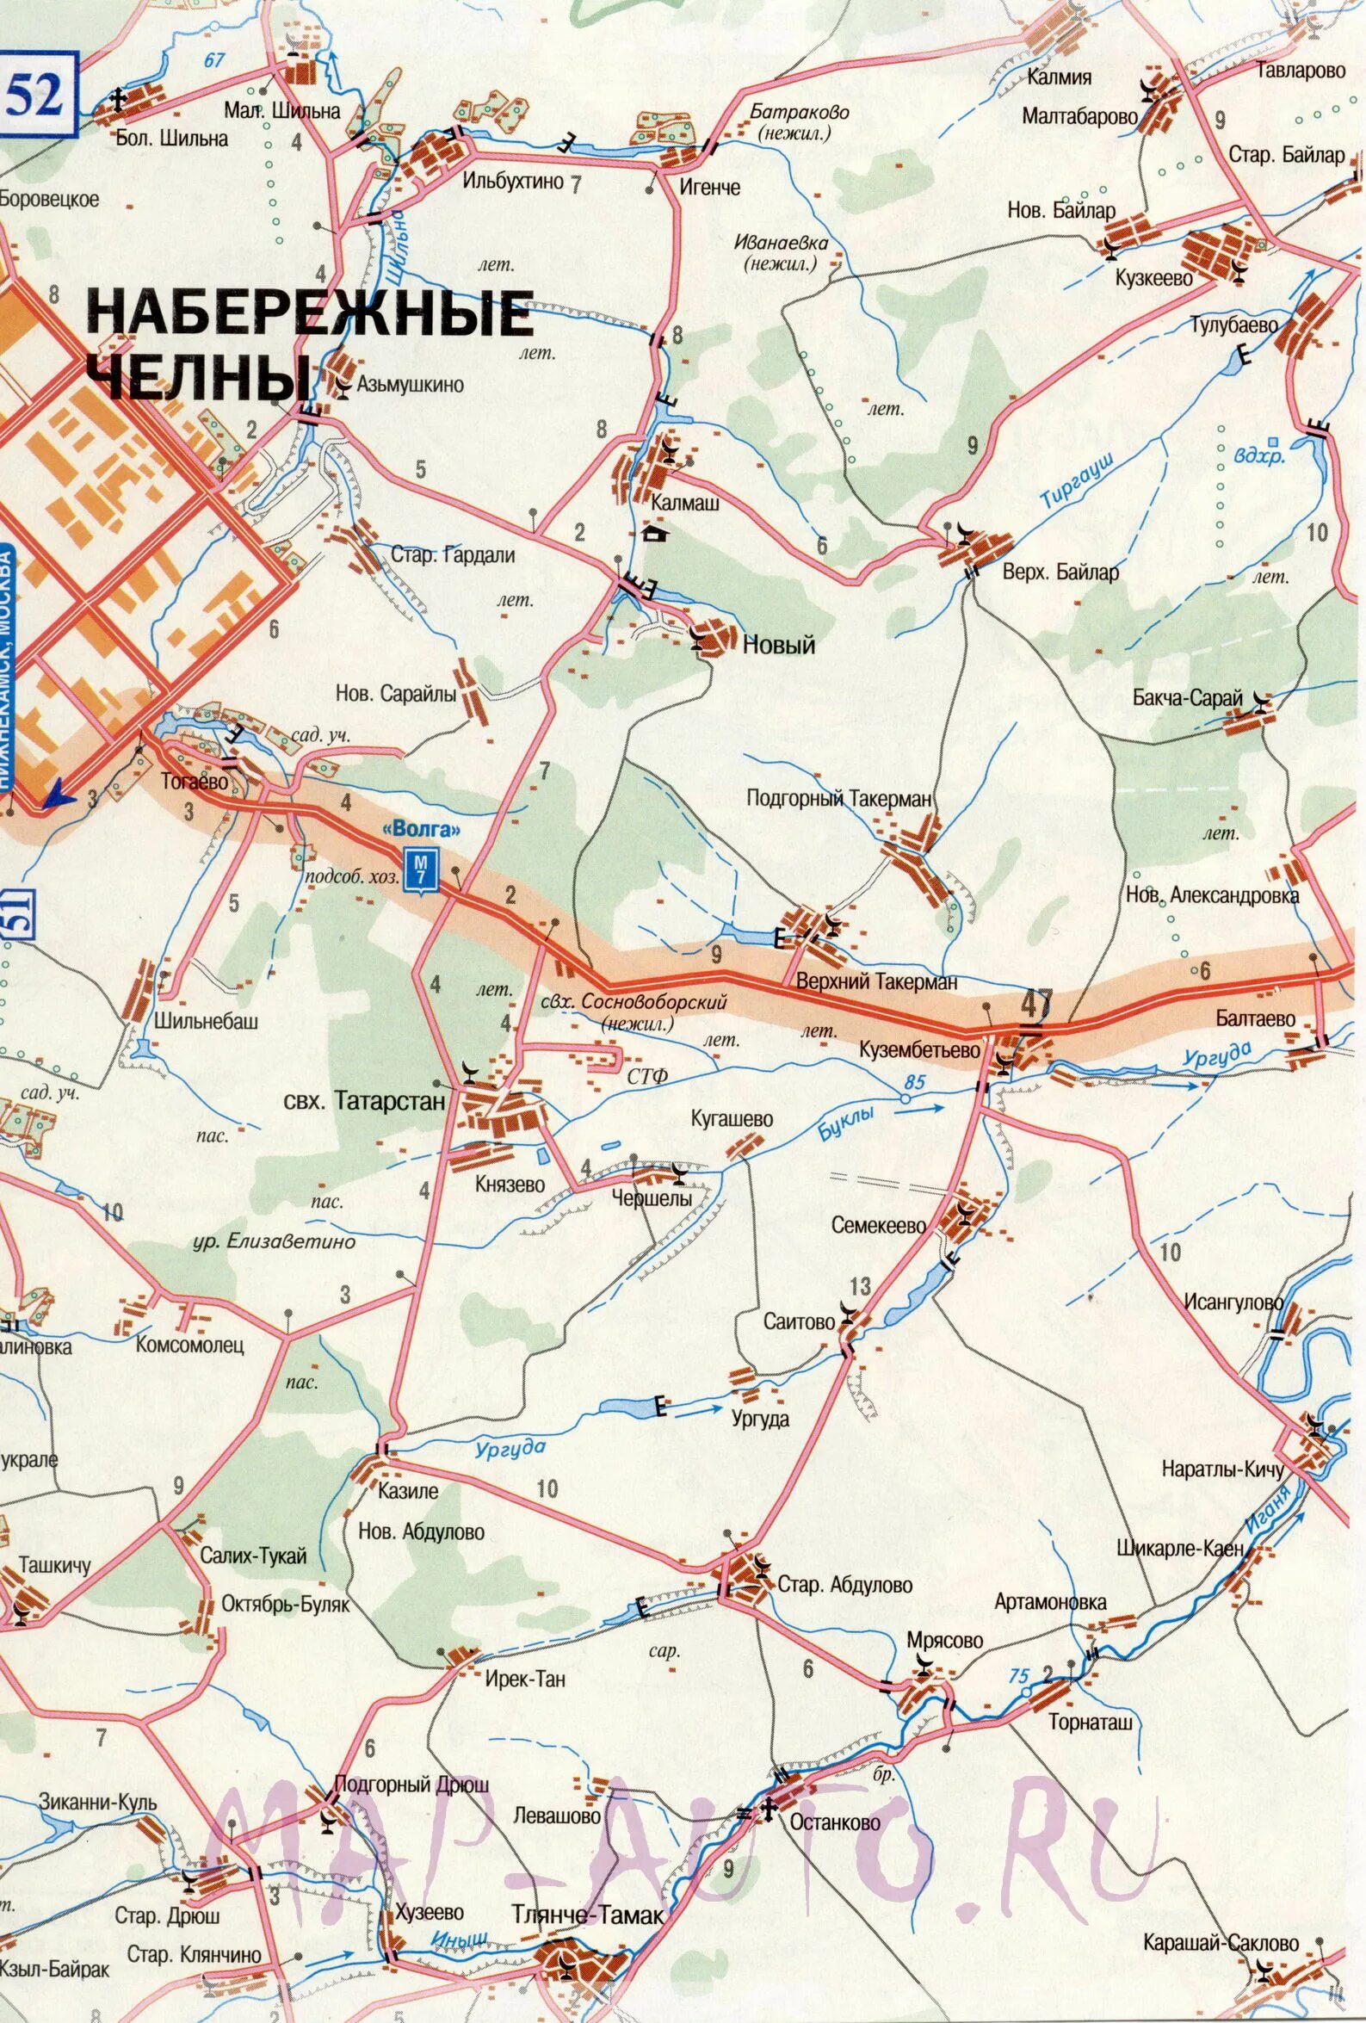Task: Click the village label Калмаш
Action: (685, 503)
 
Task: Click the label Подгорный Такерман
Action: (839, 798)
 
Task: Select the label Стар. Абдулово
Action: (844, 1584)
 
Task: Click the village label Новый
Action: (778, 645)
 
